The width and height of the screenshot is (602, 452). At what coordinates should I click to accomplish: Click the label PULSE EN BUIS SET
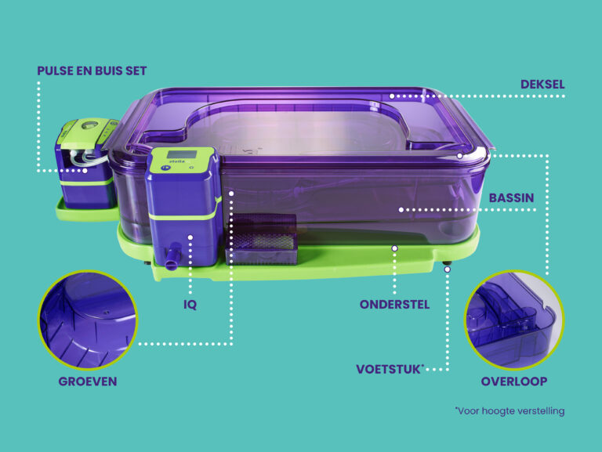92,71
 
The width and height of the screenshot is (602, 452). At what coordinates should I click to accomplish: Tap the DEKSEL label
542,85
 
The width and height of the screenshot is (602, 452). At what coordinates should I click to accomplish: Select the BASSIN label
511,198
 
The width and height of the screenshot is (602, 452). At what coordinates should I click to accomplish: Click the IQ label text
190,305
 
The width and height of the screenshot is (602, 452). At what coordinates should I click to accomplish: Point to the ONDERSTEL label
395,305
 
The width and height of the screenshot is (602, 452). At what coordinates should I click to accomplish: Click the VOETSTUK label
389,370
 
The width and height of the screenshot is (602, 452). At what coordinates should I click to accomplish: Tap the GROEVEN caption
88,381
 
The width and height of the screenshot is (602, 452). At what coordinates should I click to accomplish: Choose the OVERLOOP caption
514,381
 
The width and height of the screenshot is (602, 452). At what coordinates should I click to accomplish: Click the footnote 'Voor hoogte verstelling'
510,411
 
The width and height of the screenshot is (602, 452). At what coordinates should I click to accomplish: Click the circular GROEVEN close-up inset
88,320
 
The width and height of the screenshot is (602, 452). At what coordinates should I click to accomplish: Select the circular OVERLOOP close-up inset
514,320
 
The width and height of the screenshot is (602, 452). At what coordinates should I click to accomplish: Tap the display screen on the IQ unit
182,154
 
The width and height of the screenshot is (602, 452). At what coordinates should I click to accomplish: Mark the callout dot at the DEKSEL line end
392,96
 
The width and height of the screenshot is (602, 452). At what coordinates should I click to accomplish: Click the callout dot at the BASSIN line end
401,210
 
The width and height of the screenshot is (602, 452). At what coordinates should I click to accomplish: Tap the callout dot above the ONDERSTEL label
394,248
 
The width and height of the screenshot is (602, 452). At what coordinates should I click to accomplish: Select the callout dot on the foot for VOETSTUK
448,269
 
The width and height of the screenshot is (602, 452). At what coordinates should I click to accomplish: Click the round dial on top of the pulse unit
90,125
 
